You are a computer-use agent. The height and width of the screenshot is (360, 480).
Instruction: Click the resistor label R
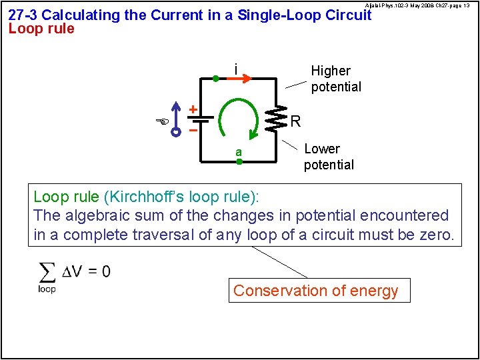296,121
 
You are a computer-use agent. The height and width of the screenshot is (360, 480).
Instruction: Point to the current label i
235,69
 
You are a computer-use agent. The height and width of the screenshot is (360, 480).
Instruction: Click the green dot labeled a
239,161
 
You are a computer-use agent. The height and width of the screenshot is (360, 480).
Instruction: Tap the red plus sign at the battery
193,109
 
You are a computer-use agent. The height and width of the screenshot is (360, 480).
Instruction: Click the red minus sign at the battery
193,131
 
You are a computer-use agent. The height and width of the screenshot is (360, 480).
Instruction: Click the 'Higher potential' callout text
335,79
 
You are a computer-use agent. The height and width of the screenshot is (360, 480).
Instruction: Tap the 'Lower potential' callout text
329,157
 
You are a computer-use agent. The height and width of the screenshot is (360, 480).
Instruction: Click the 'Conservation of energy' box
316,291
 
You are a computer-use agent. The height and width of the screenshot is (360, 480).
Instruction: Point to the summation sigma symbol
47,272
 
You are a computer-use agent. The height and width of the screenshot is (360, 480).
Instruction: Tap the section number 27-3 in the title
23,15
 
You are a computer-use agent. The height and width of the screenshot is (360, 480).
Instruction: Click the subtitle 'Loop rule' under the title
41,29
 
